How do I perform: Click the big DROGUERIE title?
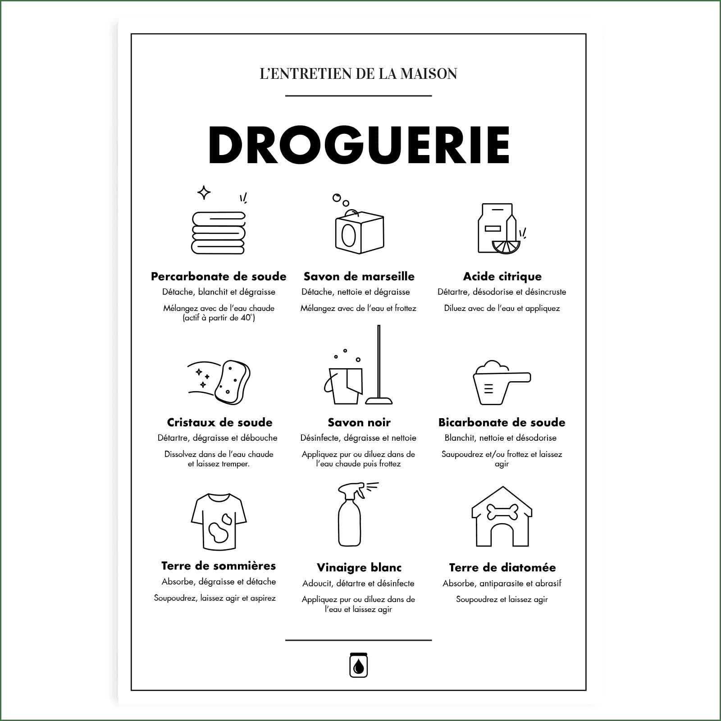(x=359, y=145)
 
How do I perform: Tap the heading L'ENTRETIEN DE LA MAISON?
(x=359, y=73)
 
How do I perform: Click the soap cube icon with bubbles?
(x=359, y=231)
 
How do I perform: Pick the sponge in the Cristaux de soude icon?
(x=233, y=381)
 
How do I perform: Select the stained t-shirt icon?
(x=219, y=522)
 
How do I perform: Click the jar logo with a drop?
(x=359, y=664)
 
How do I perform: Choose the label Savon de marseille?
(x=359, y=276)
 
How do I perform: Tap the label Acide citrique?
(x=502, y=276)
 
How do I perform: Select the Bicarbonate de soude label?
(x=502, y=422)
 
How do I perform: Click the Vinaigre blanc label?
(x=359, y=567)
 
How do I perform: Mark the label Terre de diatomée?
(x=502, y=567)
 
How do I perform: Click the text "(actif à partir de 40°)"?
(x=219, y=318)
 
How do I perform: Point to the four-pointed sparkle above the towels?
(x=204, y=193)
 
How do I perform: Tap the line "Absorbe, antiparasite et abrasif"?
(x=502, y=584)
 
